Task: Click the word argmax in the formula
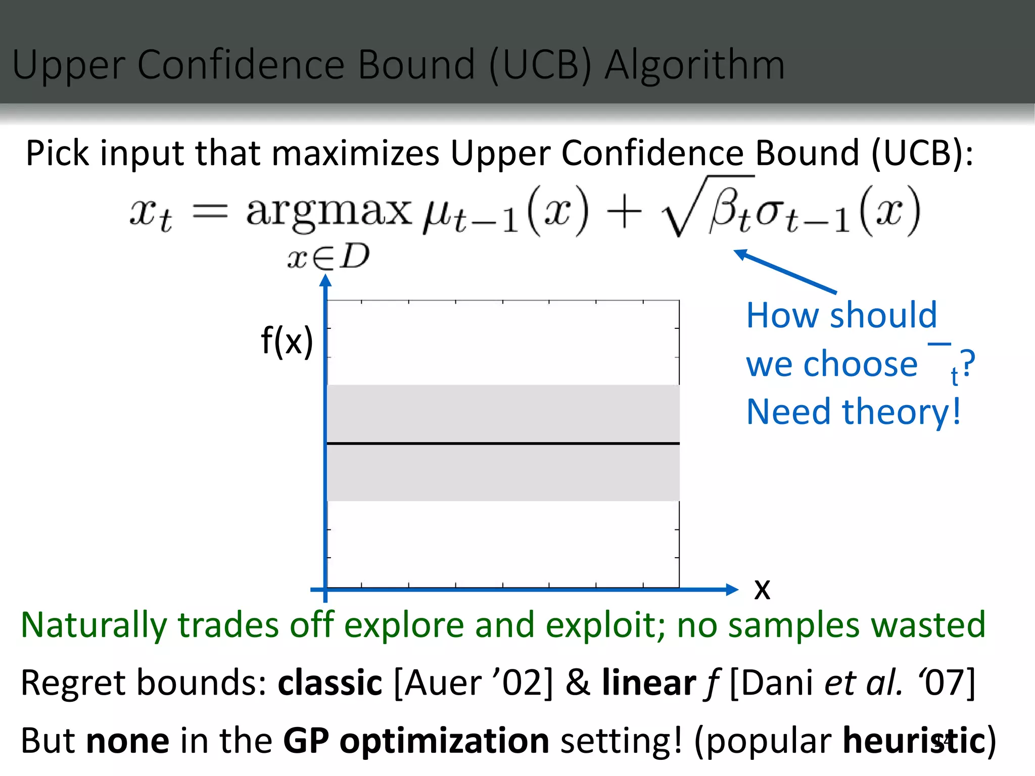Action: (328, 212)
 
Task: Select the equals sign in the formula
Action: (211, 212)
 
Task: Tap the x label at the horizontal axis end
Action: (762, 589)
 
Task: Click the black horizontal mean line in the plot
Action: (503, 444)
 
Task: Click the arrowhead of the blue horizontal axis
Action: (731, 589)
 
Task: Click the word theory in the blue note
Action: (896, 412)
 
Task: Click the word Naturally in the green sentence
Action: (93, 625)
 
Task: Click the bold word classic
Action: (330, 683)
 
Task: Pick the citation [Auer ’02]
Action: (473, 683)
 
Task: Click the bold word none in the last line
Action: (127, 741)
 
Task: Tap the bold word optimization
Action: (444, 741)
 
